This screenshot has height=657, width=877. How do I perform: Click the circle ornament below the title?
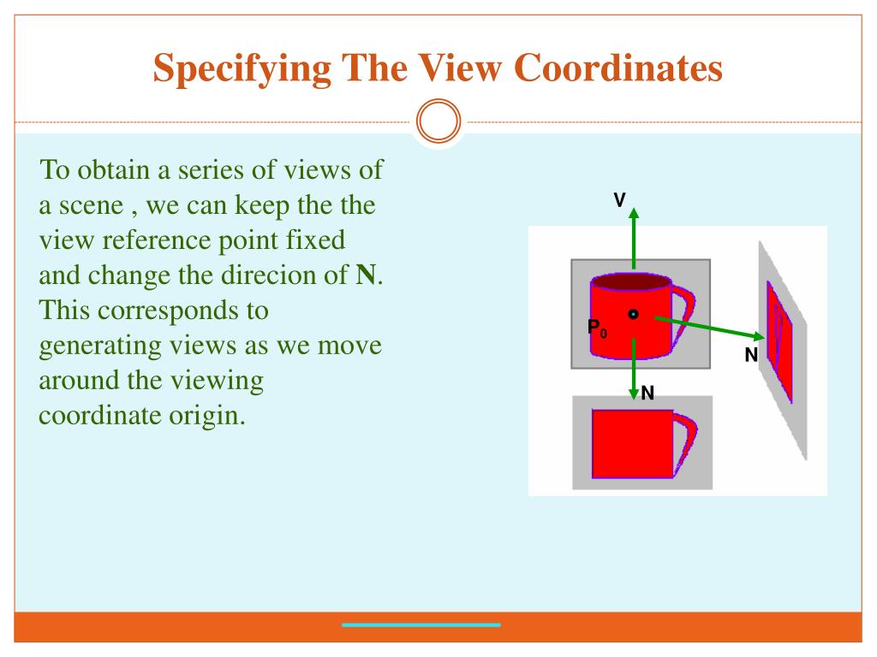(438, 122)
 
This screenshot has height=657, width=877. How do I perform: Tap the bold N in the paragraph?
(366, 275)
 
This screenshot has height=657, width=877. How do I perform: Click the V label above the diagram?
(619, 199)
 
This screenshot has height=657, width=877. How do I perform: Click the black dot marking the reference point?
(633, 314)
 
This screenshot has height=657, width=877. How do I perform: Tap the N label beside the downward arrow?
(648, 393)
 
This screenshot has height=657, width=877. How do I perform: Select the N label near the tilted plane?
(751, 355)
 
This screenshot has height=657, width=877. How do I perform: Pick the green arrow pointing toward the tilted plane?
(702, 327)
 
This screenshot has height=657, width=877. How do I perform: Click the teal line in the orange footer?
(421, 625)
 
